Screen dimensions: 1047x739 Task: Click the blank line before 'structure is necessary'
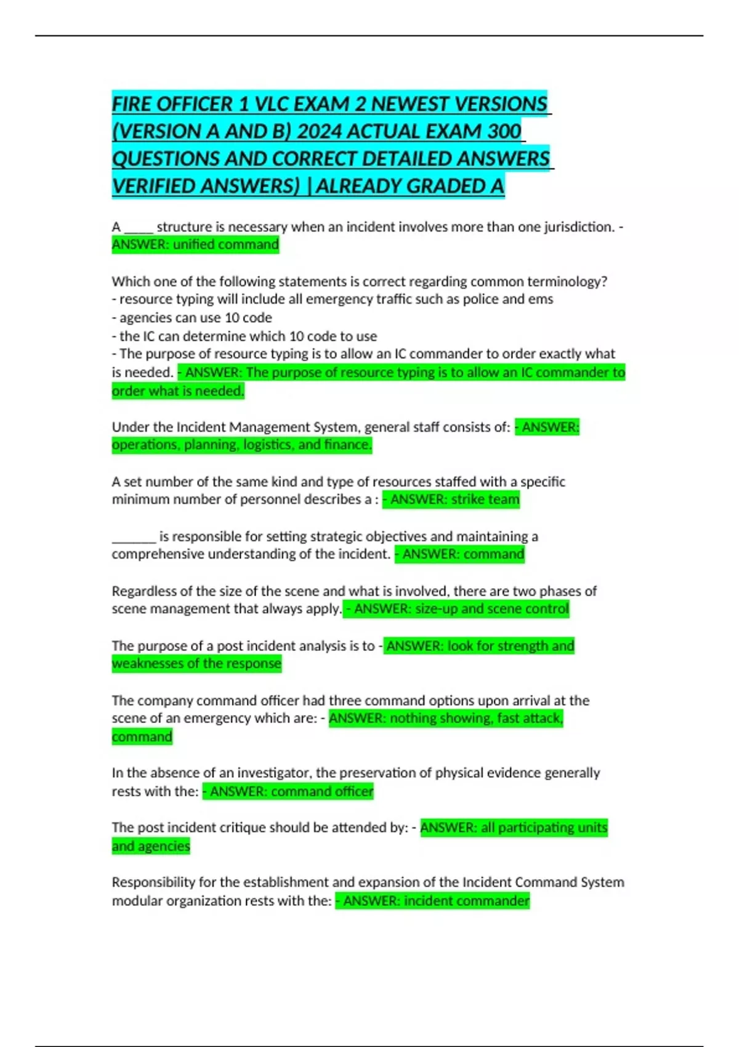[x=139, y=227]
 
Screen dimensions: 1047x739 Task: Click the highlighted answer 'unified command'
[x=225, y=245]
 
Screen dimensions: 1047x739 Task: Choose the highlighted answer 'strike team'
[x=485, y=499]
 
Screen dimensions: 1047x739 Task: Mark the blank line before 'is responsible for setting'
[x=134, y=536]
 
